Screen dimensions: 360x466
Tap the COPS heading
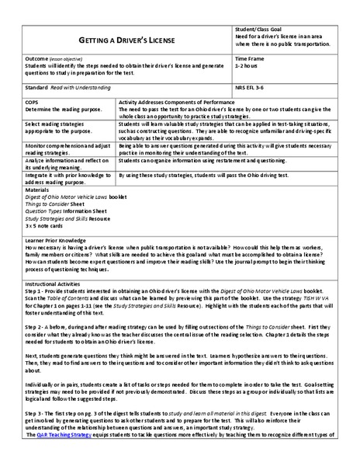(33, 102)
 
